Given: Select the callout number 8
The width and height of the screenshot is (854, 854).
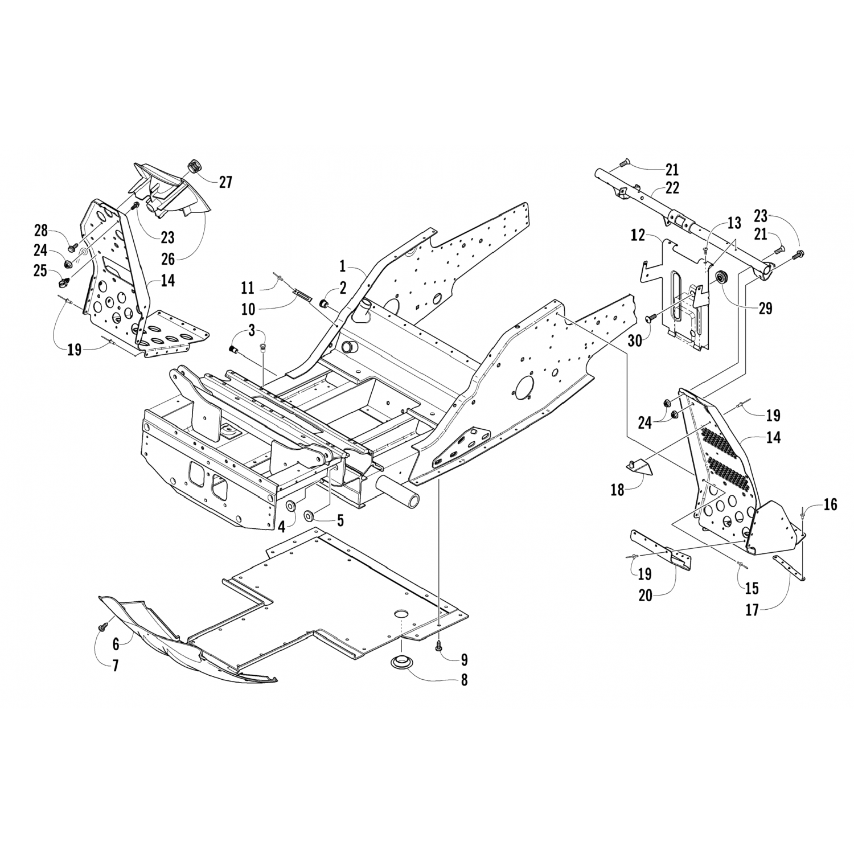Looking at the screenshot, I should (464, 679).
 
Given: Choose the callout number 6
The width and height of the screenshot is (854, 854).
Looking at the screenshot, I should (116, 644).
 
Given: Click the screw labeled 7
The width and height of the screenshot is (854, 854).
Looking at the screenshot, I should (103, 626).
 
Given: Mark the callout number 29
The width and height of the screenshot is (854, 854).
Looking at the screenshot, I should (765, 308).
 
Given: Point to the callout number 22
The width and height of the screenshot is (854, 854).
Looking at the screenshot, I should (672, 187).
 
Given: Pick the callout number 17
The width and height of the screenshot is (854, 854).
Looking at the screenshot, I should (752, 610).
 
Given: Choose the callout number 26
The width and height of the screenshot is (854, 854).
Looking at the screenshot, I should (168, 258).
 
